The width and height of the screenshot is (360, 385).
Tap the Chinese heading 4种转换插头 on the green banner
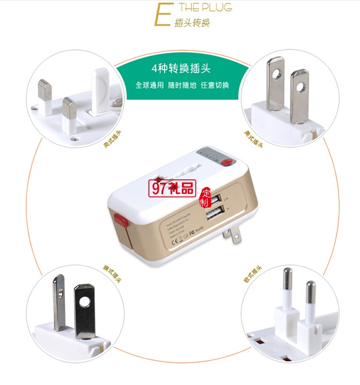180,68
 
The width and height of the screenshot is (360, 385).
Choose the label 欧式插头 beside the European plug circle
252,274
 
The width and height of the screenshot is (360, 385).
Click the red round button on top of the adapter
227,163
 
